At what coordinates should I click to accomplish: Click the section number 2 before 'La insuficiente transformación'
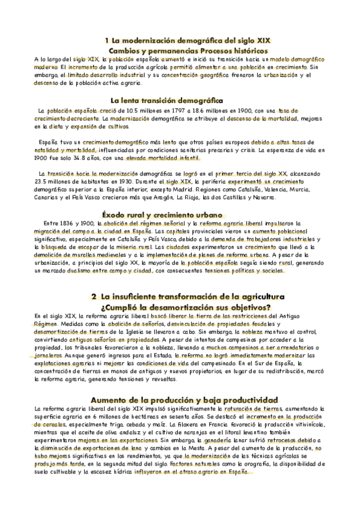[94, 296]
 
